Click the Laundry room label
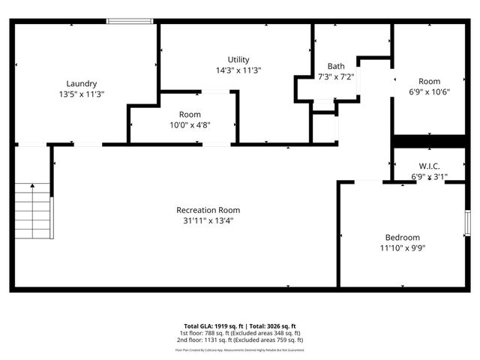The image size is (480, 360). pos(81,83)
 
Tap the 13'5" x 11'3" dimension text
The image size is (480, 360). pos(81,94)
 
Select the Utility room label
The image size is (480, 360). pos(238,59)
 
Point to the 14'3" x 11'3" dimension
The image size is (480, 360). pos(238,70)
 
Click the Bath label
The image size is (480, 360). pos(335,66)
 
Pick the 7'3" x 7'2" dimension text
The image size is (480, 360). pos(335,76)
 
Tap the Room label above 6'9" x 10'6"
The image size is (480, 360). pos(429,81)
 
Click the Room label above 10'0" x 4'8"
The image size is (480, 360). pos(190,114)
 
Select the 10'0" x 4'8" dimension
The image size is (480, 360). pos(190,125)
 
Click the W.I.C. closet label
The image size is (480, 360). pos(429,166)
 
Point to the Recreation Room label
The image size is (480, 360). pos(208,210)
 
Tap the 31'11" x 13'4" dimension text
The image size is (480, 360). pos(208,221)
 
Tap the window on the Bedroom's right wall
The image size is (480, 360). pos(466,224)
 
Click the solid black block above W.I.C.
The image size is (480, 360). pos(429,142)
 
